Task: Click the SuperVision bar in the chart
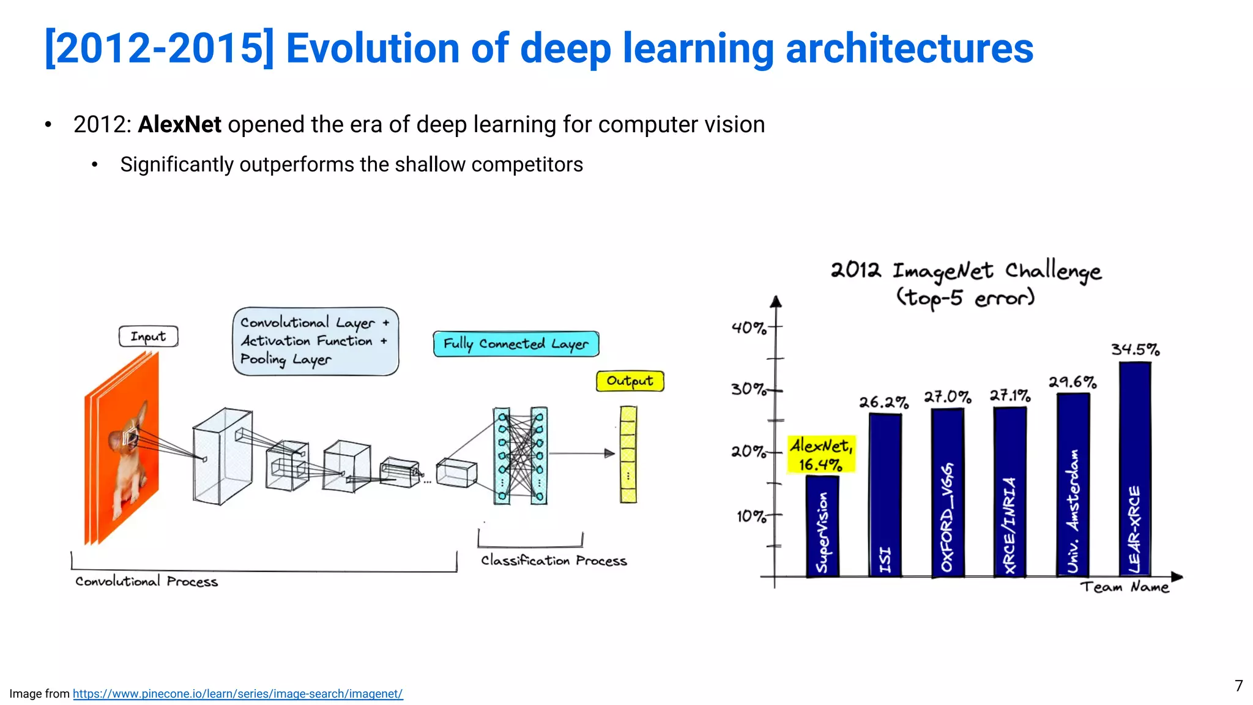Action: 822,526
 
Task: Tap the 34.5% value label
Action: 1135,349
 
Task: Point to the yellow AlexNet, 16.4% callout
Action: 821,454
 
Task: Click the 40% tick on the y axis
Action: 749,328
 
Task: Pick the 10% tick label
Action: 751,517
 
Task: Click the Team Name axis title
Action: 1124,587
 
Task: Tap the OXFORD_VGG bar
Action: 947,493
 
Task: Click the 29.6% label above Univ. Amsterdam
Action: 1072,382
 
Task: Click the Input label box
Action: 148,337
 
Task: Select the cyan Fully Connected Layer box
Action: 516,344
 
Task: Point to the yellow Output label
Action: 630,381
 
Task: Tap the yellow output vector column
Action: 628,454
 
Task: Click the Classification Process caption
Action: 554,561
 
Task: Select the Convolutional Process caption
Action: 146,581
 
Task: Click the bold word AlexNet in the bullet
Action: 179,125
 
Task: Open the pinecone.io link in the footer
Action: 237,694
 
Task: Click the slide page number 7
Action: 1238,686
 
